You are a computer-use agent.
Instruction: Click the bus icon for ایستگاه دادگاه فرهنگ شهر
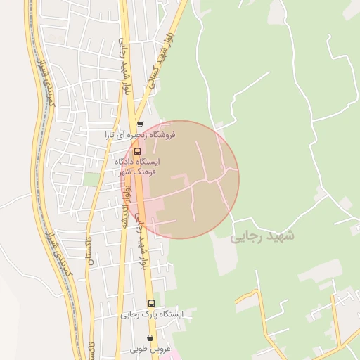[136, 150]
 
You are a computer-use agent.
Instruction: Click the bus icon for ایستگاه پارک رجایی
[151, 303]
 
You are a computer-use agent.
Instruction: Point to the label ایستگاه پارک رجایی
[152, 314]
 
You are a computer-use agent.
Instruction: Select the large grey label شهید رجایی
[262, 236]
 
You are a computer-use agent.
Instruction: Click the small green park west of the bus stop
[91, 179]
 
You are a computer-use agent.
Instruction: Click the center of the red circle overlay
[181, 180]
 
